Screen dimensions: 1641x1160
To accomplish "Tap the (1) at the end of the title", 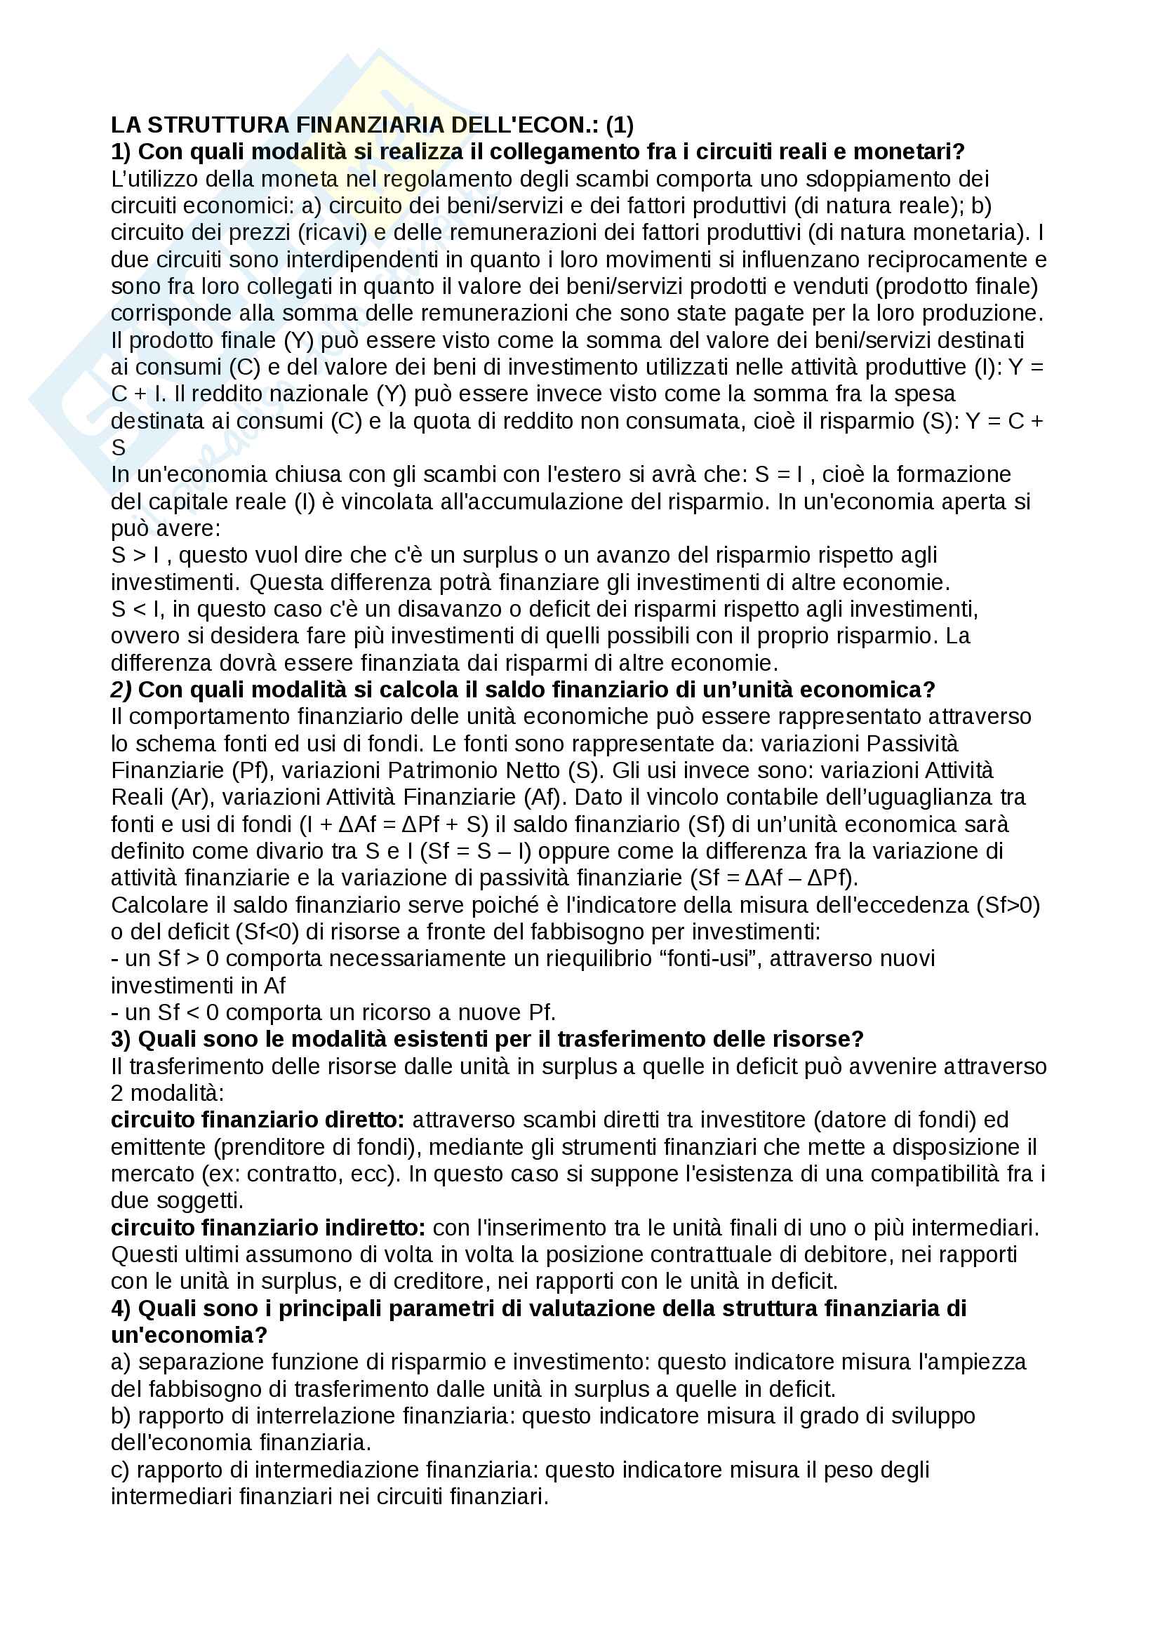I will click(x=619, y=125).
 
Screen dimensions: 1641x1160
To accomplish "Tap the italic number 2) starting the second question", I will click(x=121, y=690).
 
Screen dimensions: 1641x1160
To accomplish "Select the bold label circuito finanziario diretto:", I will click(x=258, y=1120).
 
